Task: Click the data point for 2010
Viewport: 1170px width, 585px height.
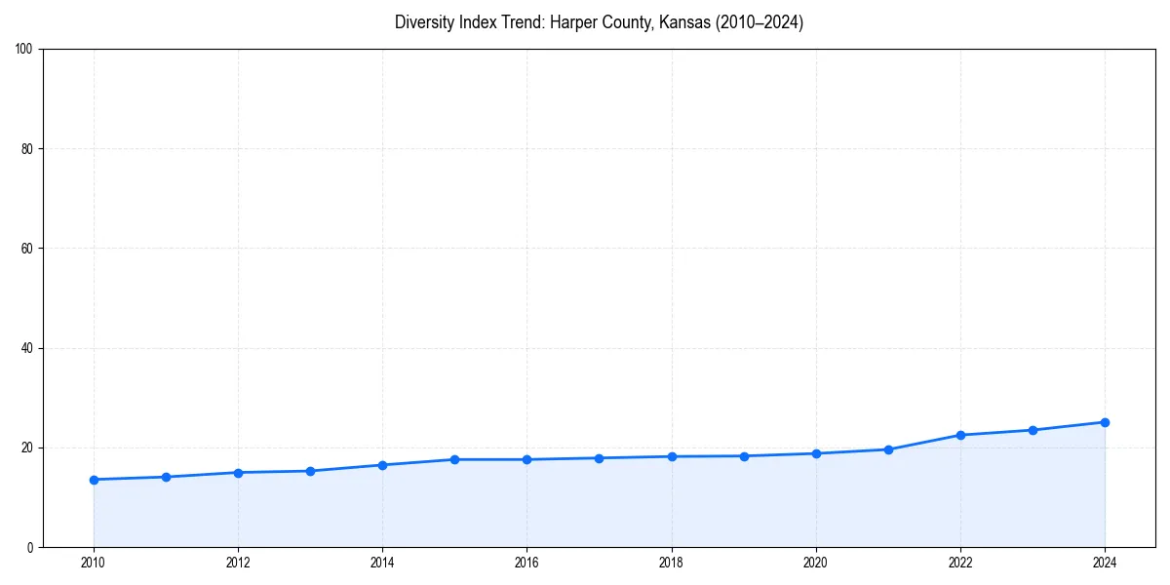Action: pyautogui.click(x=94, y=480)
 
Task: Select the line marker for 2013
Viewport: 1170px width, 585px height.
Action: pyautogui.click(x=310, y=471)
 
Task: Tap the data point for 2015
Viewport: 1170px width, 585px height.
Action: pyautogui.click(x=454, y=459)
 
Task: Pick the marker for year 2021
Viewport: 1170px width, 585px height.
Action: pyautogui.click(x=888, y=449)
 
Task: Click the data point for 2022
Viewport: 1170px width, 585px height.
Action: pyautogui.click(x=960, y=435)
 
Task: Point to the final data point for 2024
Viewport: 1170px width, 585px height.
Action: pyautogui.click(x=1105, y=422)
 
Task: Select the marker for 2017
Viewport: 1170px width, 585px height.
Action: pyautogui.click(x=599, y=458)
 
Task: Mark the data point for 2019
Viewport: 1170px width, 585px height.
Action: pyautogui.click(x=744, y=456)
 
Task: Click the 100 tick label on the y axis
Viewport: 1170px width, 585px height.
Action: pyautogui.click(x=25, y=50)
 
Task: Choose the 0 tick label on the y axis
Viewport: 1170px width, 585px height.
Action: pyautogui.click(x=31, y=548)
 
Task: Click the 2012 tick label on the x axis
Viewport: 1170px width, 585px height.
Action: pyautogui.click(x=238, y=563)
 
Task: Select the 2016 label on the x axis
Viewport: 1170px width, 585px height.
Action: pyautogui.click(x=526, y=563)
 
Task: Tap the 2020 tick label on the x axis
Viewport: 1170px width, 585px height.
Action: pyautogui.click(x=816, y=563)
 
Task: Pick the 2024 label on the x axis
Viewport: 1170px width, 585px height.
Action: pyautogui.click(x=1105, y=563)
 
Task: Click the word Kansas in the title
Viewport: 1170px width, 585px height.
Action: pyautogui.click(x=685, y=22)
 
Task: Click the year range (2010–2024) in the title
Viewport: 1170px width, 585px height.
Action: pyautogui.click(x=760, y=22)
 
